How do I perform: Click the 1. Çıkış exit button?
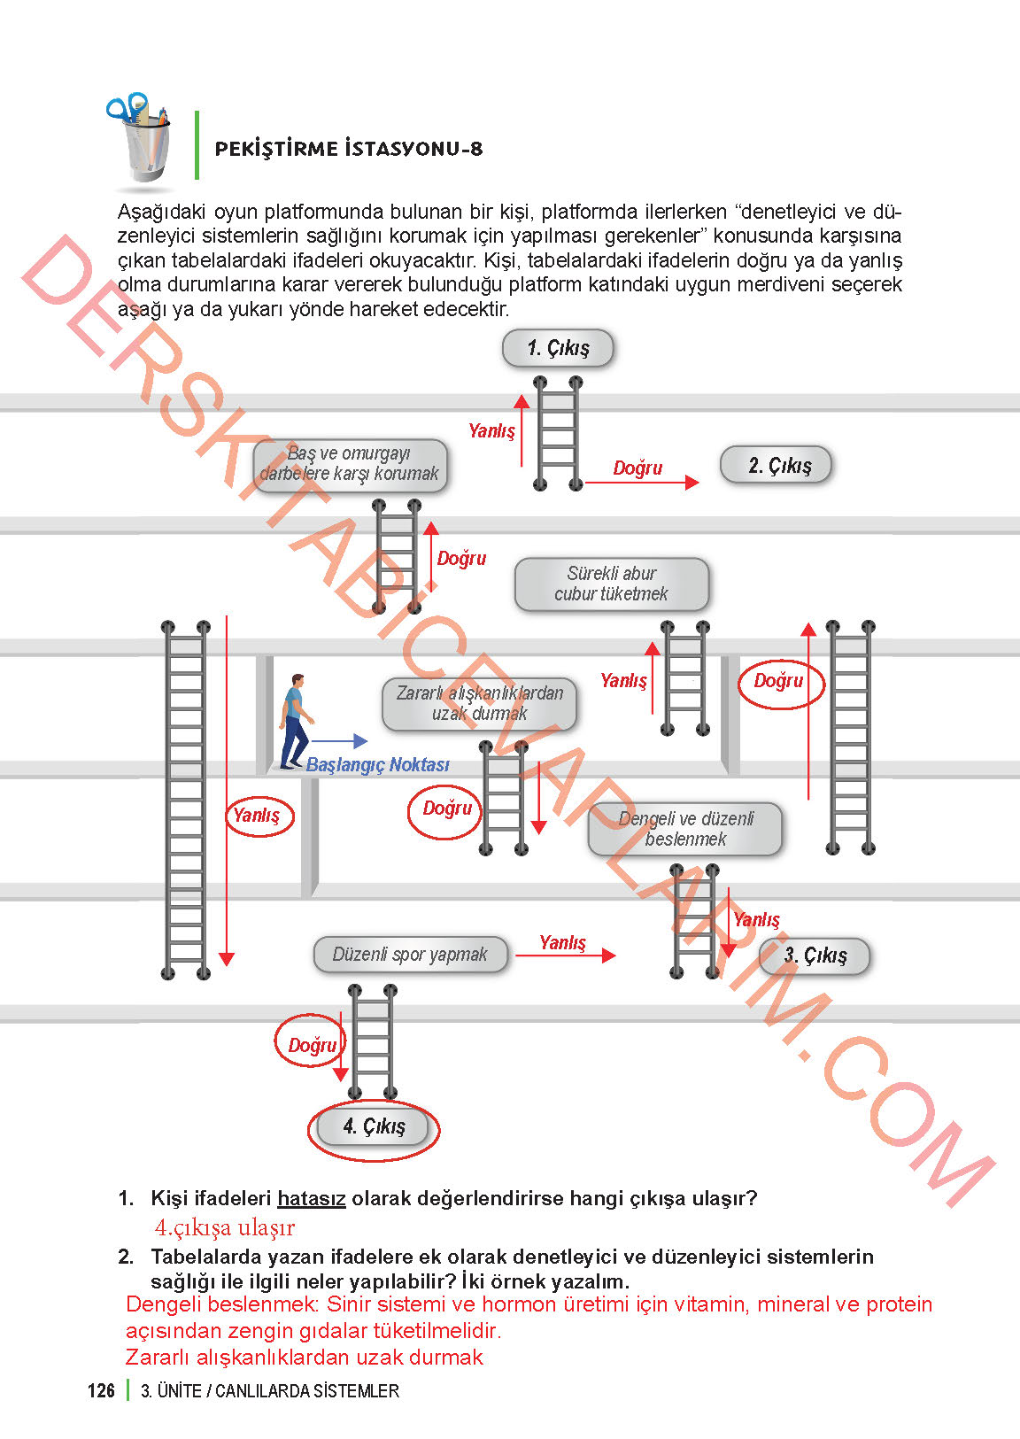(558, 348)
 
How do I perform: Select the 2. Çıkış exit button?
(777, 465)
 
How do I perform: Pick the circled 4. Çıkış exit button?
(374, 1127)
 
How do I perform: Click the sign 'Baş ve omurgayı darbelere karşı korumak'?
(350, 464)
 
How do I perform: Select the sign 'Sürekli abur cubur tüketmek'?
(611, 584)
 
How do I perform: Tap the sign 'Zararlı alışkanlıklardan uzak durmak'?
(479, 704)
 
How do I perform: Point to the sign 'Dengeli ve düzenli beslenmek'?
(685, 829)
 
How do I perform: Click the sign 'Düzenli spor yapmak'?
(410, 955)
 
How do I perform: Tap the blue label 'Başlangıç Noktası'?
(377, 765)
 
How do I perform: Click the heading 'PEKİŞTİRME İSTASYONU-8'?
(349, 149)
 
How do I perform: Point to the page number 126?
(101, 1390)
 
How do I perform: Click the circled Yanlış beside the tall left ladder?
(257, 815)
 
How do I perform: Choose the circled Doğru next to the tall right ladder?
(779, 681)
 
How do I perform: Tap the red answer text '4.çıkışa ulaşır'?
(224, 1228)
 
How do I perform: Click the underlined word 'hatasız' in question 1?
(311, 1199)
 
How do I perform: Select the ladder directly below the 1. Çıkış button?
(558, 433)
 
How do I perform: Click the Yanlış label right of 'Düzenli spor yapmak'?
(562, 942)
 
